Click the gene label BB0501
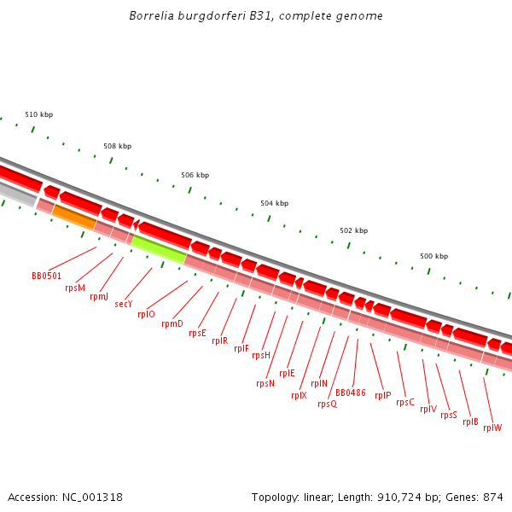tap(46, 276)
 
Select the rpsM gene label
tap(75, 288)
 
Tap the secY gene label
tap(124, 304)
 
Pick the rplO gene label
tap(147, 314)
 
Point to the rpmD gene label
tap(172, 323)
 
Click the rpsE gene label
tap(197, 333)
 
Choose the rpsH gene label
tap(261, 355)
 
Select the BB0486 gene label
tap(351, 393)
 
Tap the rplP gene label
tap(382, 395)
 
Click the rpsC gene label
tap(405, 402)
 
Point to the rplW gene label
tap(492, 428)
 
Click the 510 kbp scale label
tap(38, 114)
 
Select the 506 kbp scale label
tap(195, 175)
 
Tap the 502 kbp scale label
tap(353, 230)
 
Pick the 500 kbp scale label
tap(433, 256)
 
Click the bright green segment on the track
tap(159, 249)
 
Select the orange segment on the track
tap(74, 218)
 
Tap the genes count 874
tap(493, 497)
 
